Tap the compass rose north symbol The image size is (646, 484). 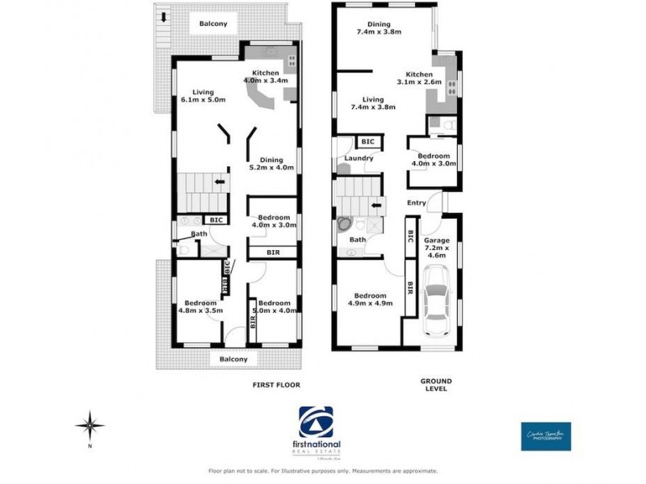(90, 424)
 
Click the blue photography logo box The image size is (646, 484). (546, 436)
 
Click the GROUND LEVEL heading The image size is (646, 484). (436, 385)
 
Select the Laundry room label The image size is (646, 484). (359, 158)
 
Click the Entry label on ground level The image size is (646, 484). (417, 202)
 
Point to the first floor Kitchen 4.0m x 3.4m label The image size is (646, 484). (266, 77)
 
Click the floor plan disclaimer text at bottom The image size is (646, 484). (323, 470)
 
